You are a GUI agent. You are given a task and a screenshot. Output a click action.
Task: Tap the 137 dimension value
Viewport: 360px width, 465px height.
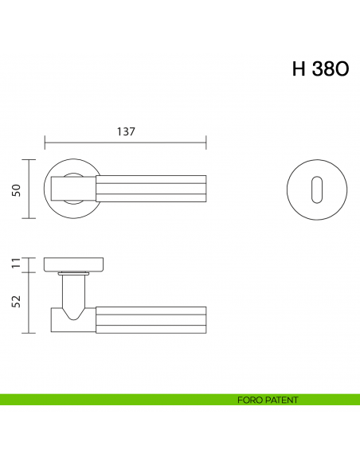pyautogui.click(x=125, y=132)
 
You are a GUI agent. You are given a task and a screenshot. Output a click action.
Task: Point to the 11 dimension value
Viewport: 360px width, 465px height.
pyautogui.click(x=15, y=264)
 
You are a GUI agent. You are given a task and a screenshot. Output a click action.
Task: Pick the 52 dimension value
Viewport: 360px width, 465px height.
pyautogui.click(x=15, y=303)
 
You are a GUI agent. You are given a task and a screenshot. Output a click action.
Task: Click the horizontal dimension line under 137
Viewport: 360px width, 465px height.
pyautogui.click(x=125, y=144)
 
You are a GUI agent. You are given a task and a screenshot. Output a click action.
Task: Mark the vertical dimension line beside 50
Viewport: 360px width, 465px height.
pyautogui.click(x=29, y=189)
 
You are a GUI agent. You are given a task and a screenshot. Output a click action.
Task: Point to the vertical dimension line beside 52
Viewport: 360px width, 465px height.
pyautogui.click(x=29, y=303)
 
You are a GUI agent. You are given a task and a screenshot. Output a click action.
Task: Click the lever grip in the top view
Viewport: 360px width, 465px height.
pyautogui.click(x=151, y=189)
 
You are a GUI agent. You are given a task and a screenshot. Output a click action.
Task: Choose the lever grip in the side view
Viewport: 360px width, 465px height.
pyautogui.click(x=151, y=318)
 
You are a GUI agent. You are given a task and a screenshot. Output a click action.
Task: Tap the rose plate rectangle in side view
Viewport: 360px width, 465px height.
pyautogui.click(x=76, y=264)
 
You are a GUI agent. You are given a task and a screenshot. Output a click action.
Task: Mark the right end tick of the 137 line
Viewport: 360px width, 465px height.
pyautogui.click(x=206, y=144)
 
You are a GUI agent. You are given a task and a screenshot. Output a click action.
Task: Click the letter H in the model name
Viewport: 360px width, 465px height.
pyautogui.click(x=299, y=68)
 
